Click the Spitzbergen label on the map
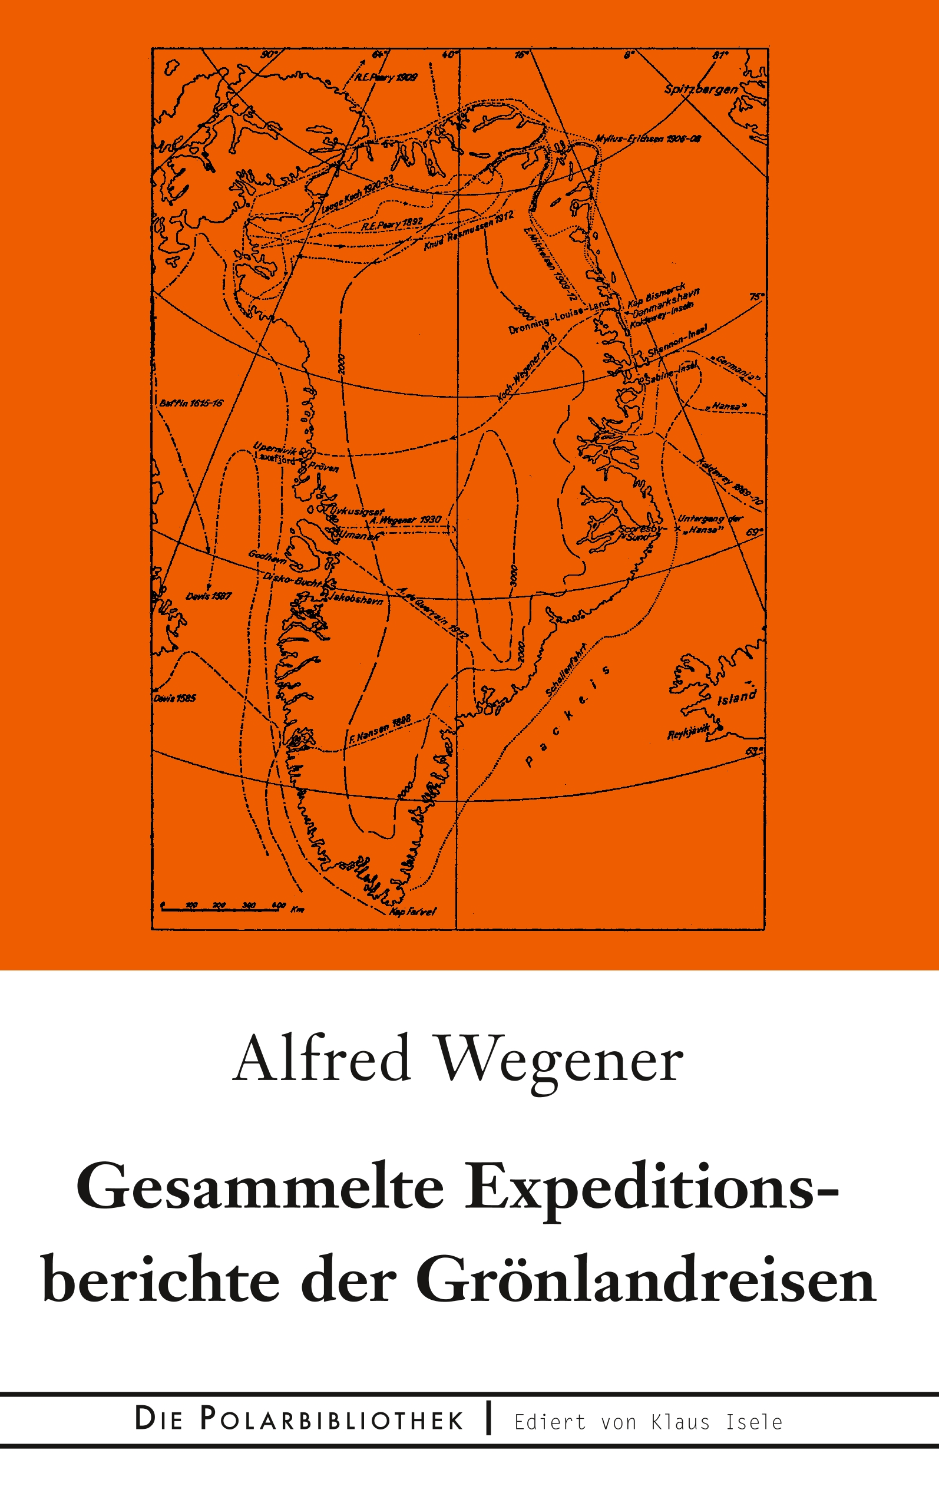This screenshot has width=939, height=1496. click(701, 89)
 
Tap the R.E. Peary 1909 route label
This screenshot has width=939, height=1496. click(386, 78)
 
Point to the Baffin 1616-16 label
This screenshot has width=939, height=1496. click(191, 404)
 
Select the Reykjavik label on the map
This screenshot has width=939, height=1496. click(688, 734)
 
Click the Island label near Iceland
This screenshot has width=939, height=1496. click(737, 698)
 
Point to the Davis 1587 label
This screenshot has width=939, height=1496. click(208, 596)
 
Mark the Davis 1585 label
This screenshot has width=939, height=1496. click(174, 698)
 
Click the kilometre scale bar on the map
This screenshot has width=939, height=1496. click(220, 908)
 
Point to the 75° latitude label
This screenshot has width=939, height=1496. click(755, 297)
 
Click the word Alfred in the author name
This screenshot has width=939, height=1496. click(322, 1059)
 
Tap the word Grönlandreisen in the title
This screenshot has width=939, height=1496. click(646, 1280)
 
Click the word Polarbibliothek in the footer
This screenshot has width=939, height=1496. click(332, 1420)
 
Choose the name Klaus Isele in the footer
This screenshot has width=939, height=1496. click(717, 1422)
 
